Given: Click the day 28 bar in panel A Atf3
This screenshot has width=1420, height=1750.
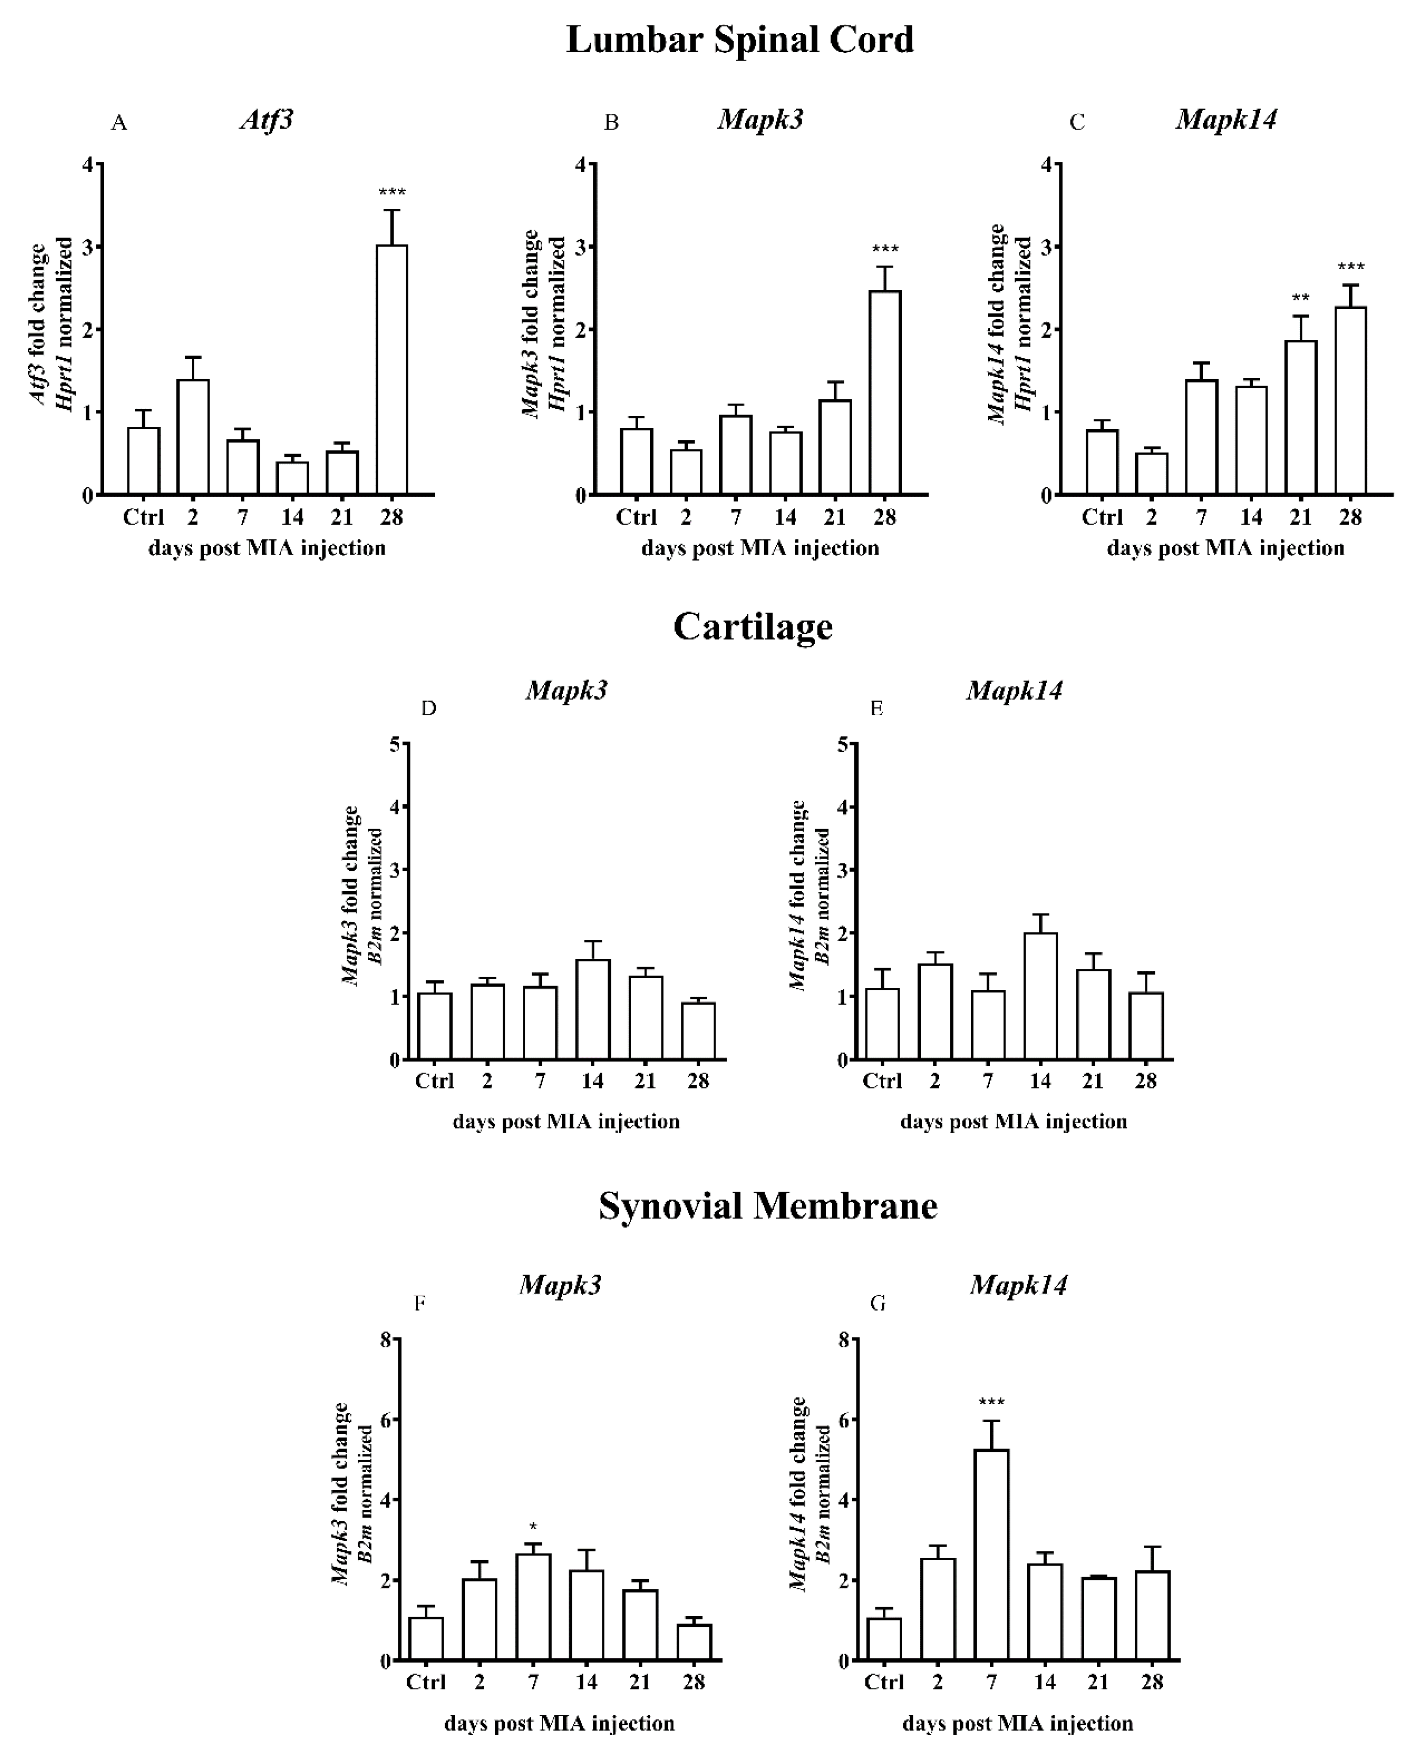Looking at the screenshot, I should (392, 369).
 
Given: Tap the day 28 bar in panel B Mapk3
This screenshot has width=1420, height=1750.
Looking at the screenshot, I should (885, 393).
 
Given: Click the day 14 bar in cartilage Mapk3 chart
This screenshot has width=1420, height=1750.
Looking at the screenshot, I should (593, 1010).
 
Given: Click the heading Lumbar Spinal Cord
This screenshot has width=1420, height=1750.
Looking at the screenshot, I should (740, 39).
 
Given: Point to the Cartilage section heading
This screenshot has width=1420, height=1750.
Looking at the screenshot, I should (753, 626).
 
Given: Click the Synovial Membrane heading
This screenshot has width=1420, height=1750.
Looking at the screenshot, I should (767, 1206).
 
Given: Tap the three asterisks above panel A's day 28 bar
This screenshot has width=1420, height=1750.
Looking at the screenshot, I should (392, 193).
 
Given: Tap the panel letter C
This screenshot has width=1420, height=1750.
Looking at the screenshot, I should (1077, 123).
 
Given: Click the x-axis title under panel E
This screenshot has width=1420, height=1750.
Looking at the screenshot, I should (1013, 1121).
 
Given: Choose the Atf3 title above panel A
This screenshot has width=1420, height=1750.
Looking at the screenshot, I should (267, 119).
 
